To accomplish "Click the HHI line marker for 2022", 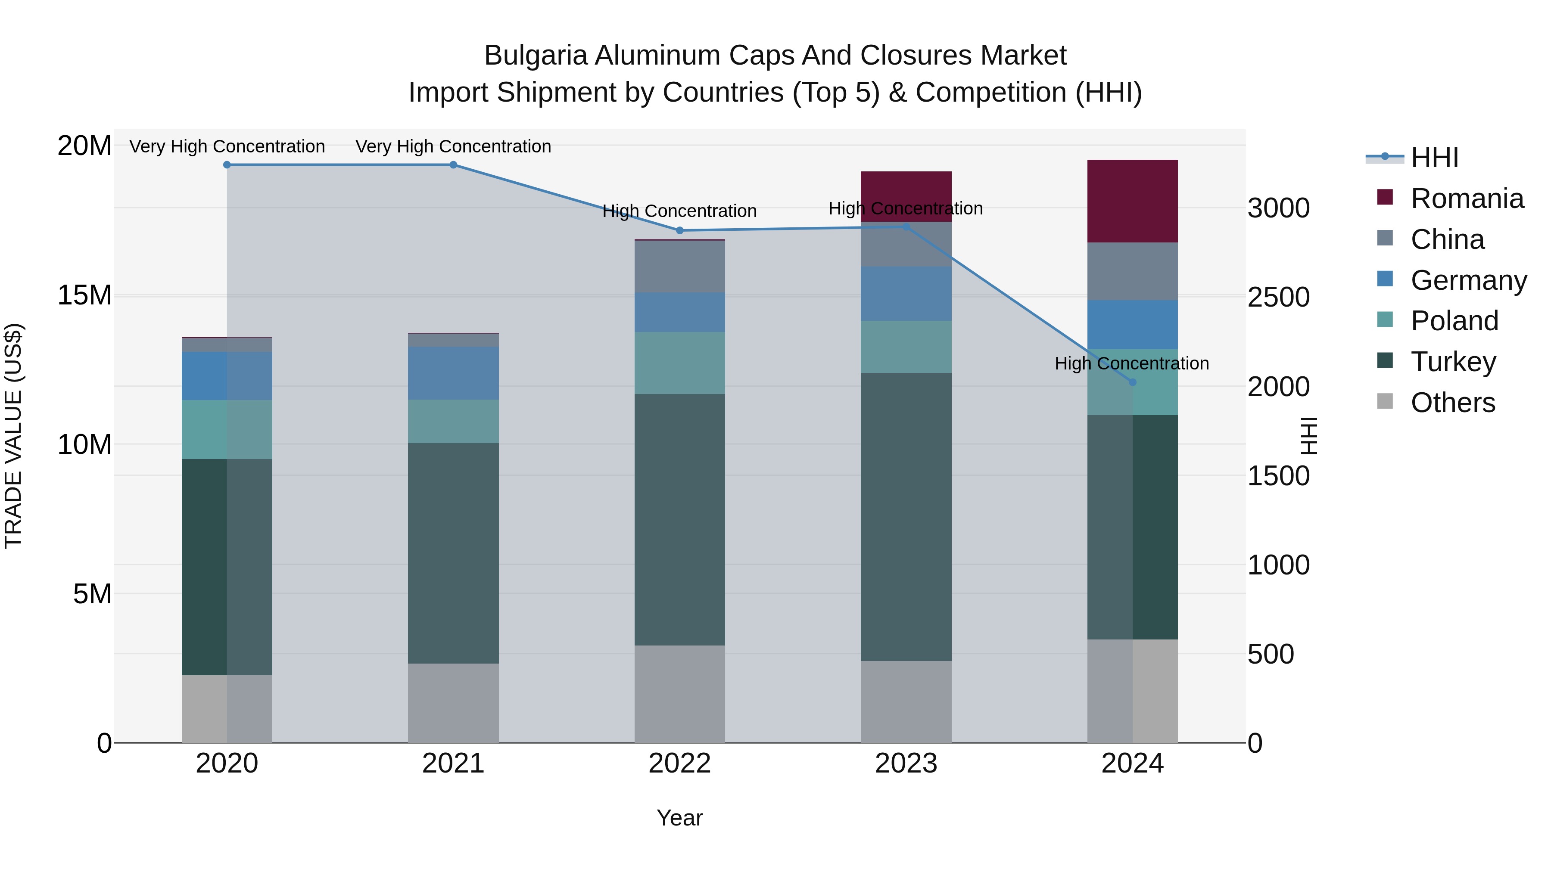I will point(680,230).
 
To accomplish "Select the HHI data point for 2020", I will point(227,165).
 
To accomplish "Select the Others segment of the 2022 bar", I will point(680,693).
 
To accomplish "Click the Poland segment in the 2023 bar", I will point(906,347).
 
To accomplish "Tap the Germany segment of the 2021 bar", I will point(453,372).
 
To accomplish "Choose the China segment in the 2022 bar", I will point(680,267).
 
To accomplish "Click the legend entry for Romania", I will point(1467,199).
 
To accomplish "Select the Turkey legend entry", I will point(1453,362).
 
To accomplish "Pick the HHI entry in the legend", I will point(1434,158).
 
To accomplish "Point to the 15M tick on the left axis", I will point(84,295).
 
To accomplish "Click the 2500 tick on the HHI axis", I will point(1278,297).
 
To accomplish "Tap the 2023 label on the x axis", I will point(906,763).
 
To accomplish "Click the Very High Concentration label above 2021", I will point(453,146).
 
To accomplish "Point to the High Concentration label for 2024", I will point(1131,363).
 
